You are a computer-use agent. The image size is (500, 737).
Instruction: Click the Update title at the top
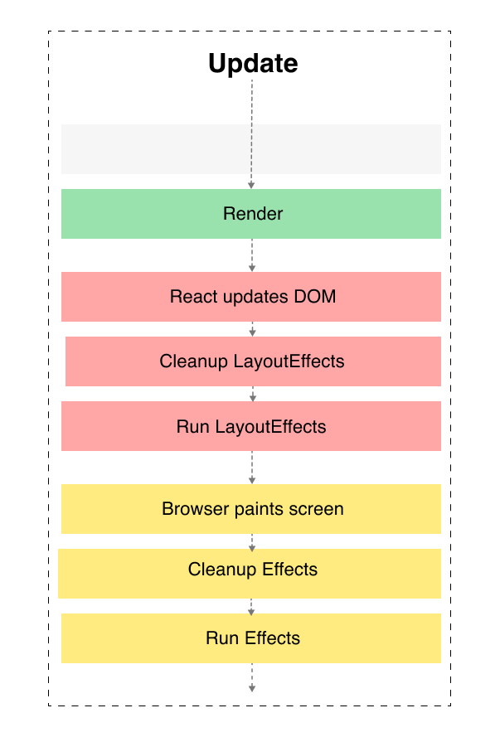[x=253, y=64]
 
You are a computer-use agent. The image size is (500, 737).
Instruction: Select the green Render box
[x=251, y=214]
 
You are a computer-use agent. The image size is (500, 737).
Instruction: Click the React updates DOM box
[x=251, y=297]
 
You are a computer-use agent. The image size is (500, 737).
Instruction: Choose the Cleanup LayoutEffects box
[x=252, y=361]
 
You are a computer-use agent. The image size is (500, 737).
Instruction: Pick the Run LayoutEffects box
[x=251, y=427]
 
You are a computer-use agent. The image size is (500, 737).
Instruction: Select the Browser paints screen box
[x=251, y=509]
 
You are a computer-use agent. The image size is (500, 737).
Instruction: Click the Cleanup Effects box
[x=251, y=573]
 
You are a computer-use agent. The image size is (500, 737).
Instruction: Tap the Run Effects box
[x=251, y=638]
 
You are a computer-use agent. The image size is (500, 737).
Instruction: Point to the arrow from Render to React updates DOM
[x=252, y=255]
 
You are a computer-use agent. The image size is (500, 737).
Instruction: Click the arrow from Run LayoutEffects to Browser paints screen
[x=252, y=468]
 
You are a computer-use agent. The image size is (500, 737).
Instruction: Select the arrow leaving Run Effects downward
[x=252, y=677]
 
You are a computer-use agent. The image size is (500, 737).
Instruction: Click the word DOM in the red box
[x=315, y=297]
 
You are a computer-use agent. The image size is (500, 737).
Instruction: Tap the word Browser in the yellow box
[x=192, y=509]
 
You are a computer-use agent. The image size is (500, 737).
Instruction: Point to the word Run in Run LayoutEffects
[x=193, y=427]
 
